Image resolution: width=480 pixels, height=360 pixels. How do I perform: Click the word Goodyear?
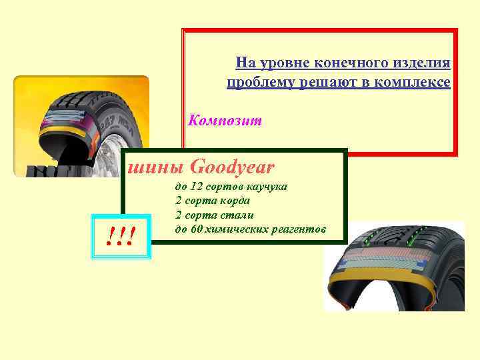pyautogui.click(x=232, y=166)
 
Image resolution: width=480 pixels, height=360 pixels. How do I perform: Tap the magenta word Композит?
pyautogui.click(x=225, y=121)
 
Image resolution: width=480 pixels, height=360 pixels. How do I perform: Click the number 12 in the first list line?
pyautogui.click(x=197, y=187)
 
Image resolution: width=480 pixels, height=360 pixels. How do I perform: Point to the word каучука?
pyautogui.click(x=265, y=187)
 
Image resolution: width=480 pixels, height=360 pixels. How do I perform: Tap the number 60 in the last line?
pyautogui.click(x=197, y=229)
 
